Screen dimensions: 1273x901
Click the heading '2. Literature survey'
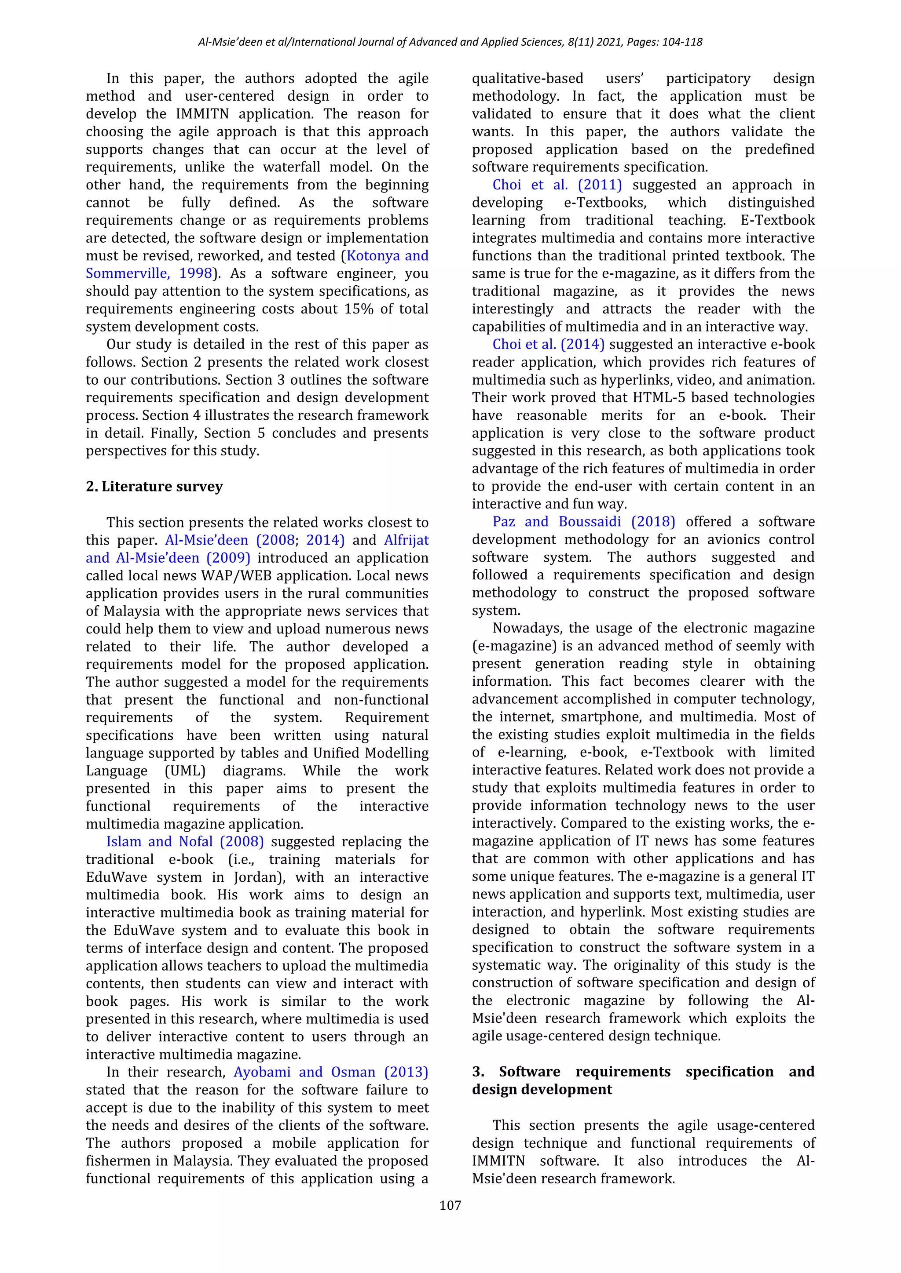click(154, 486)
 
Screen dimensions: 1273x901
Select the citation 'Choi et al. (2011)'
click(557, 185)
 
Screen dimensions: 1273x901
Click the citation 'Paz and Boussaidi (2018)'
click(584, 522)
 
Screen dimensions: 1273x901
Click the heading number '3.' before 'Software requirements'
click(478, 1072)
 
